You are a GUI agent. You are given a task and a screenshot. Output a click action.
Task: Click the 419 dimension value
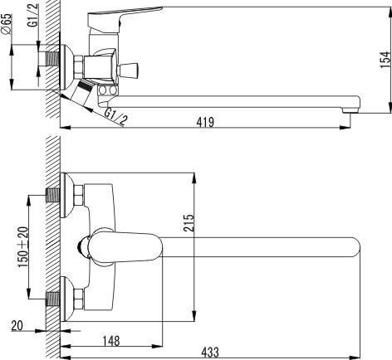(x=205, y=122)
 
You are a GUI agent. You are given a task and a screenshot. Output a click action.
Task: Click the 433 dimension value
(x=210, y=353)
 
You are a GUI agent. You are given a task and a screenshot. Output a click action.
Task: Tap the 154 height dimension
(x=385, y=60)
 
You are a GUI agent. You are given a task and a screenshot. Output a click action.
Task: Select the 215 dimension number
(x=189, y=222)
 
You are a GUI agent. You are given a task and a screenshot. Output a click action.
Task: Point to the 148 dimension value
(x=111, y=341)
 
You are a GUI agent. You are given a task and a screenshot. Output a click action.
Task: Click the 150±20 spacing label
(x=23, y=247)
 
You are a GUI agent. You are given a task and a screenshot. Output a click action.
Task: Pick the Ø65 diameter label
(x=7, y=24)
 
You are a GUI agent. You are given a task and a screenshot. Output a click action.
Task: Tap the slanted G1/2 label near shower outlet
(x=116, y=116)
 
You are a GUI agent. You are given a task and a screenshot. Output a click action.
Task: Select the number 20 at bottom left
(x=17, y=326)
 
